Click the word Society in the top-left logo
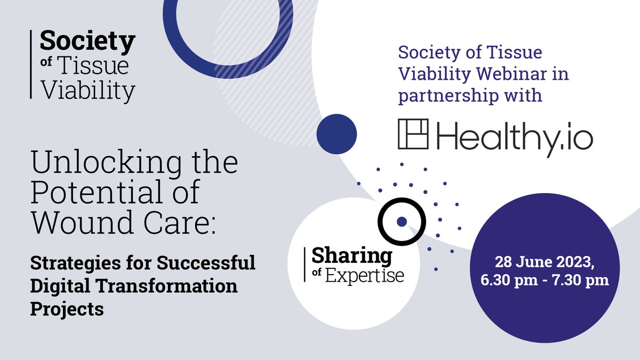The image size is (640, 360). click(87, 42)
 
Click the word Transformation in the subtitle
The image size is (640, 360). click(171, 285)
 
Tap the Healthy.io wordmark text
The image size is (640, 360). click(515, 135)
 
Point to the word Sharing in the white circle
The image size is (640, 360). click(351, 256)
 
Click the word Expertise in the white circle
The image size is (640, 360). click(365, 276)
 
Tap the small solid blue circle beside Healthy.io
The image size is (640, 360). click(337, 131)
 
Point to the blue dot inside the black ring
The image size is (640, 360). click(402, 221)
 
